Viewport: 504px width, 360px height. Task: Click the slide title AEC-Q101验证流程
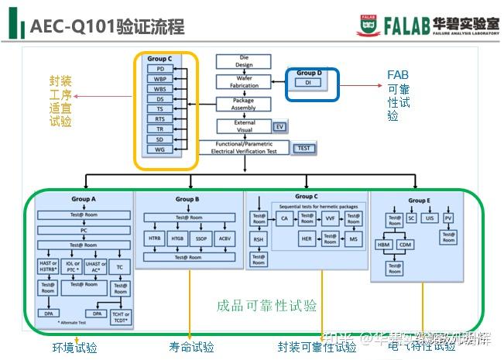[107, 28]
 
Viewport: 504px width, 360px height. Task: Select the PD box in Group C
[160, 69]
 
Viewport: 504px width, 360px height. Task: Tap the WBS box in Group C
[160, 89]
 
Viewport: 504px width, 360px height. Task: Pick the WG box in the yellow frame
[160, 149]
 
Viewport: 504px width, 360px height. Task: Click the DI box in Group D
[307, 82]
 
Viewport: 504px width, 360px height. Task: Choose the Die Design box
[244, 61]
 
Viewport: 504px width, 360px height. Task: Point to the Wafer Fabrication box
[244, 81]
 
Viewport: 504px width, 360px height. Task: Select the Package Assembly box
[244, 104]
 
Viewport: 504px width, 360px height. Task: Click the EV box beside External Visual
[280, 126]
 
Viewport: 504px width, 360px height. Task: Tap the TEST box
[303, 147]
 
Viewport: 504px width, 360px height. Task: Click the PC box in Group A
[84, 230]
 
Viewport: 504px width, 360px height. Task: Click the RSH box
[258, 240]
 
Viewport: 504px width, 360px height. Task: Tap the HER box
[307, 239]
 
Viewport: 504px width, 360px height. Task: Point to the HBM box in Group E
[384, 245]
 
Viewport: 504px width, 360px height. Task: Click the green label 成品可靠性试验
[266, 306]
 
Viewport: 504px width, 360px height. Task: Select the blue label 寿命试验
[191, 347]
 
